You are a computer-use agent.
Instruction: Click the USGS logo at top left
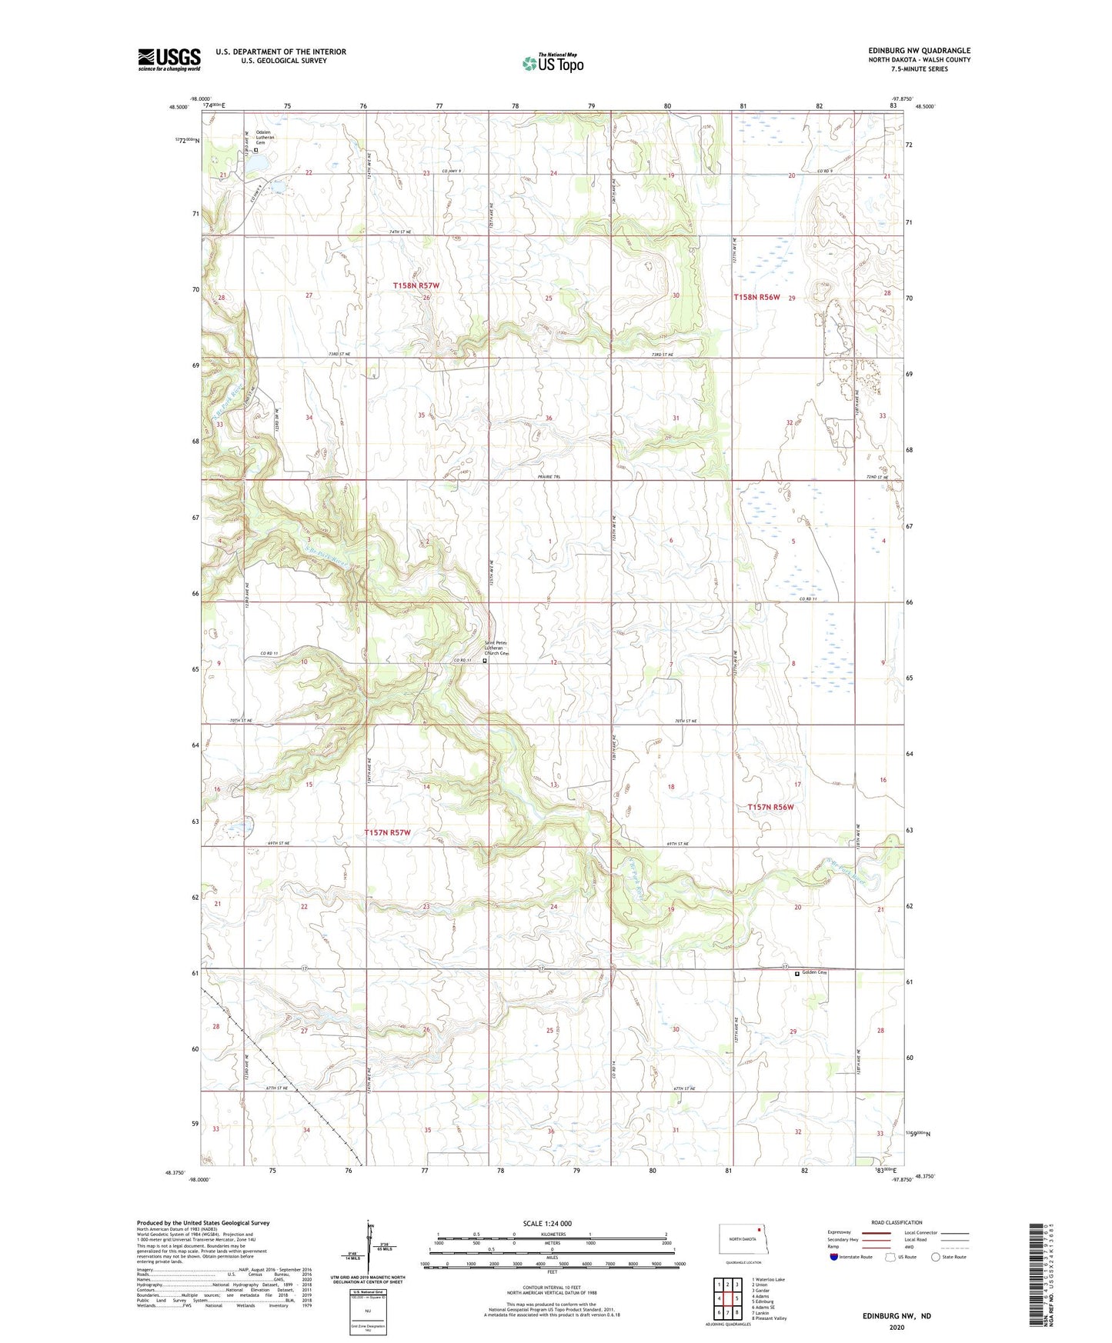pyautogui.click(x=169, y=59)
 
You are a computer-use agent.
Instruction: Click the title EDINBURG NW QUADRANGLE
pyautogui.click(x=919, y=51)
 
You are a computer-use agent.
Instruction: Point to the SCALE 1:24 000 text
pyautogui.click(x=547, y=1223)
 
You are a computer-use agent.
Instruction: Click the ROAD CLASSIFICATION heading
pyautogui.click(x=897, y=1222)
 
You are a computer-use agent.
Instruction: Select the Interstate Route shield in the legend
pyautogui.click(x=834, y=1257)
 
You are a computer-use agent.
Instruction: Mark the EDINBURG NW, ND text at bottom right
pyautogui.click(x=896, y=1316)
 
